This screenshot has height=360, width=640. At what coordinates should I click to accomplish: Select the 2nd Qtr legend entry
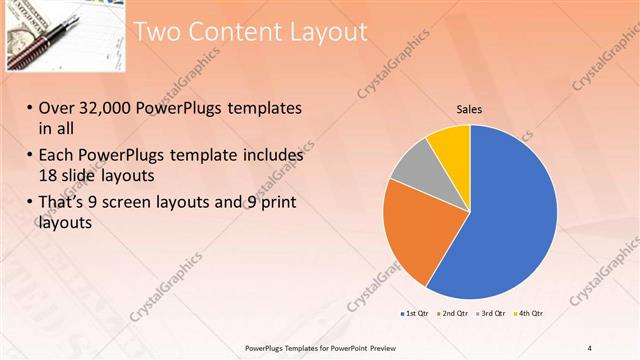click(455, 314)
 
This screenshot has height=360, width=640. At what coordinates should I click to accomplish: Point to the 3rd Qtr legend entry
click(493, 314)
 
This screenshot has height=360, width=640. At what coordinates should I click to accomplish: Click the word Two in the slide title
click(157, 32)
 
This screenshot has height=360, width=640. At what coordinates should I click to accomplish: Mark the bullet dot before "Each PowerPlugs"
click(30, 156)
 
